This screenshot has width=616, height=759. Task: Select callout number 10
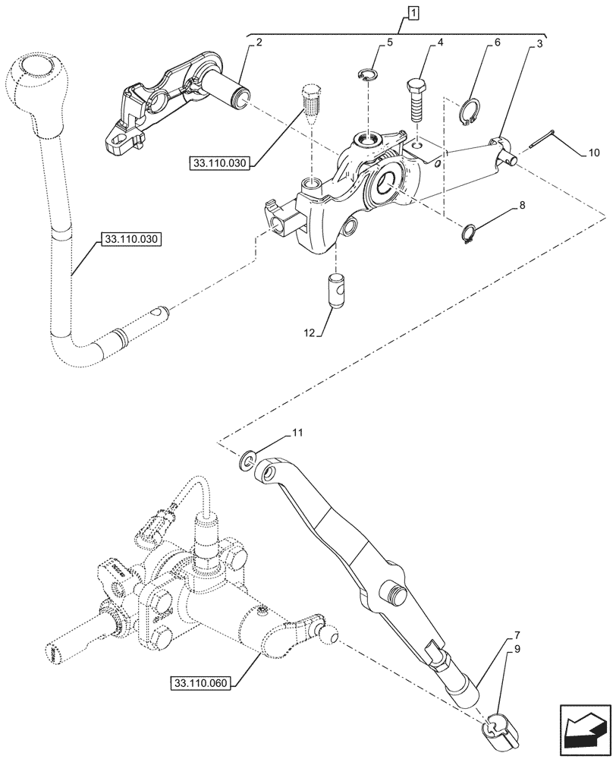(593, 152)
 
